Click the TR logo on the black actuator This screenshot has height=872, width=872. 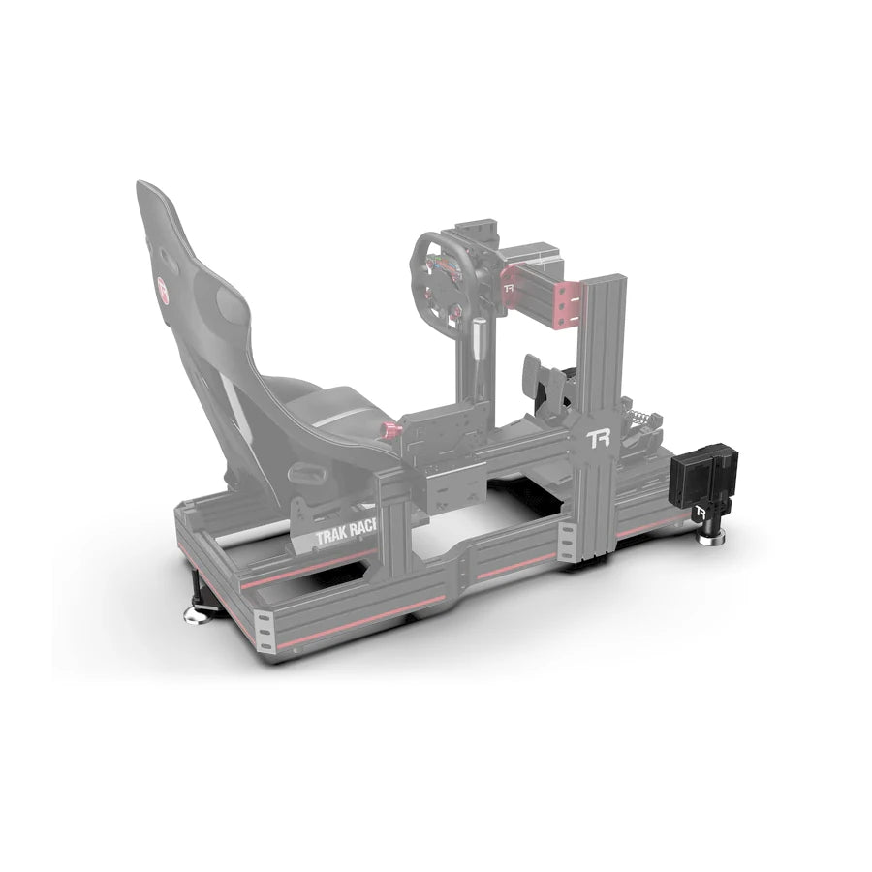[x=700, y=509]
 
